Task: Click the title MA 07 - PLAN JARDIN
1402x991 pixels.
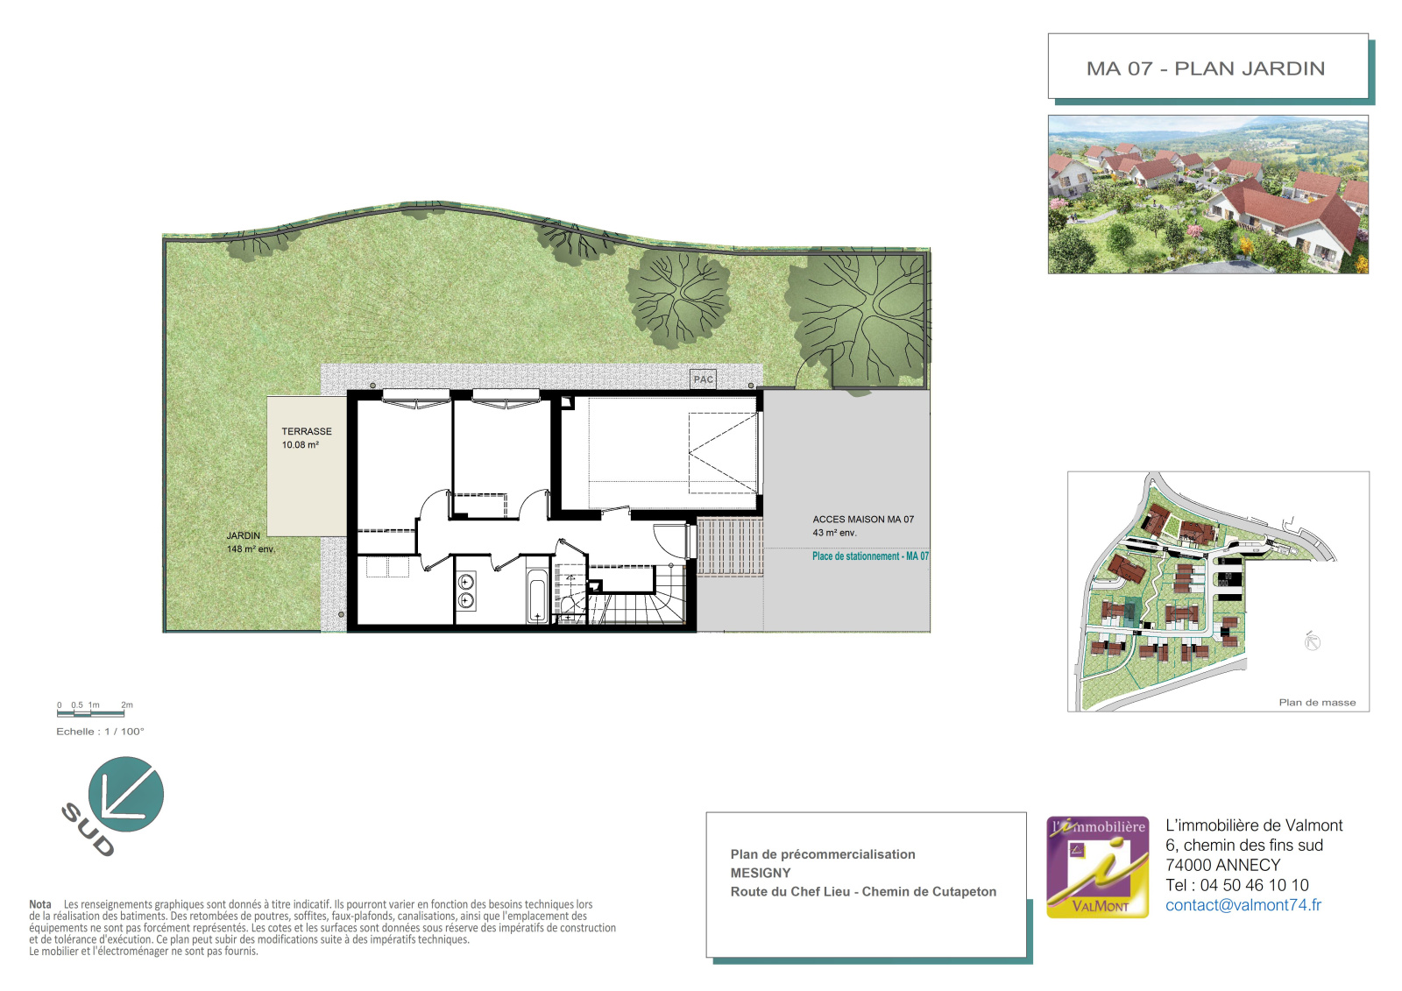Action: pyautogui.click(x=1205, y=68)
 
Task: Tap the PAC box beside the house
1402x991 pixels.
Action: pyautogui.click(x=703, y=379)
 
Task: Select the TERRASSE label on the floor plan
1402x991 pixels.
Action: pyautogui.click(x=306, y=431)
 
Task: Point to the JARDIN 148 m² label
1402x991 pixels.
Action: pyautogui.click(x=251, y=542)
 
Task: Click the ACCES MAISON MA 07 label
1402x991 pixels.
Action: pyautogui.click(x=863, y=519)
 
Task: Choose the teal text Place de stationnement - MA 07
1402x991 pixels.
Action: pyautogui.click(x=870, y=556)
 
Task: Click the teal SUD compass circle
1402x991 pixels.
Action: pyautogui.click(x=126, y=794)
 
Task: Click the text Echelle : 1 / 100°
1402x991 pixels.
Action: pyautogui.click(x=100, y=731)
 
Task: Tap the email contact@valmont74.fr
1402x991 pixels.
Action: pyautogui.click(x=1243, y=904)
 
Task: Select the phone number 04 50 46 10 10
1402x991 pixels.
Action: pyautogui.click(x=1254, y=885)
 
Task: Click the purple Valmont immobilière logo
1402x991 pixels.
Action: pyautogui.click(x=1097, y=867)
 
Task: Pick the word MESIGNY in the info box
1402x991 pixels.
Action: pyautogui.click(x=761, y=873)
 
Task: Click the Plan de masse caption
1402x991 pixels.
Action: pyautogui.click(x=1317, y=703)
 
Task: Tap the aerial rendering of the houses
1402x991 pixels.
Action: pyautogui.click(x=1208, y=195)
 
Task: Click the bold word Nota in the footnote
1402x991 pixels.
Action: pyautogui.click(x=40, y=904)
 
